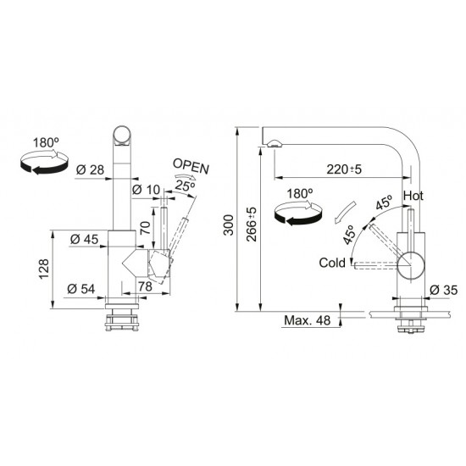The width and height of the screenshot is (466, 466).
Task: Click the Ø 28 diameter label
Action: click(90, 170)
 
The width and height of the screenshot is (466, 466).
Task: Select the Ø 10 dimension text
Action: click(146, 190)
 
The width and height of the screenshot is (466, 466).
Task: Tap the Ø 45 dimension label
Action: click(84, 239)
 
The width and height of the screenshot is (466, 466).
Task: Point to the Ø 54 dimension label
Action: click(80, 289)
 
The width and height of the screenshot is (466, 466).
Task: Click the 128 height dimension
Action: click(44, 269)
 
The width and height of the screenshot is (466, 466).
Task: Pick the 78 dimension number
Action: click(146, 286)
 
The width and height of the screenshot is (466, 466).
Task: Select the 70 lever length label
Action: click(146, 228)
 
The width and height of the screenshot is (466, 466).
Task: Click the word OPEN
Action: click(191, 166)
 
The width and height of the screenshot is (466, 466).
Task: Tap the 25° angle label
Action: click(185, 186)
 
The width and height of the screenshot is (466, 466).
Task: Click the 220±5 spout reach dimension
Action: click(344, 169)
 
